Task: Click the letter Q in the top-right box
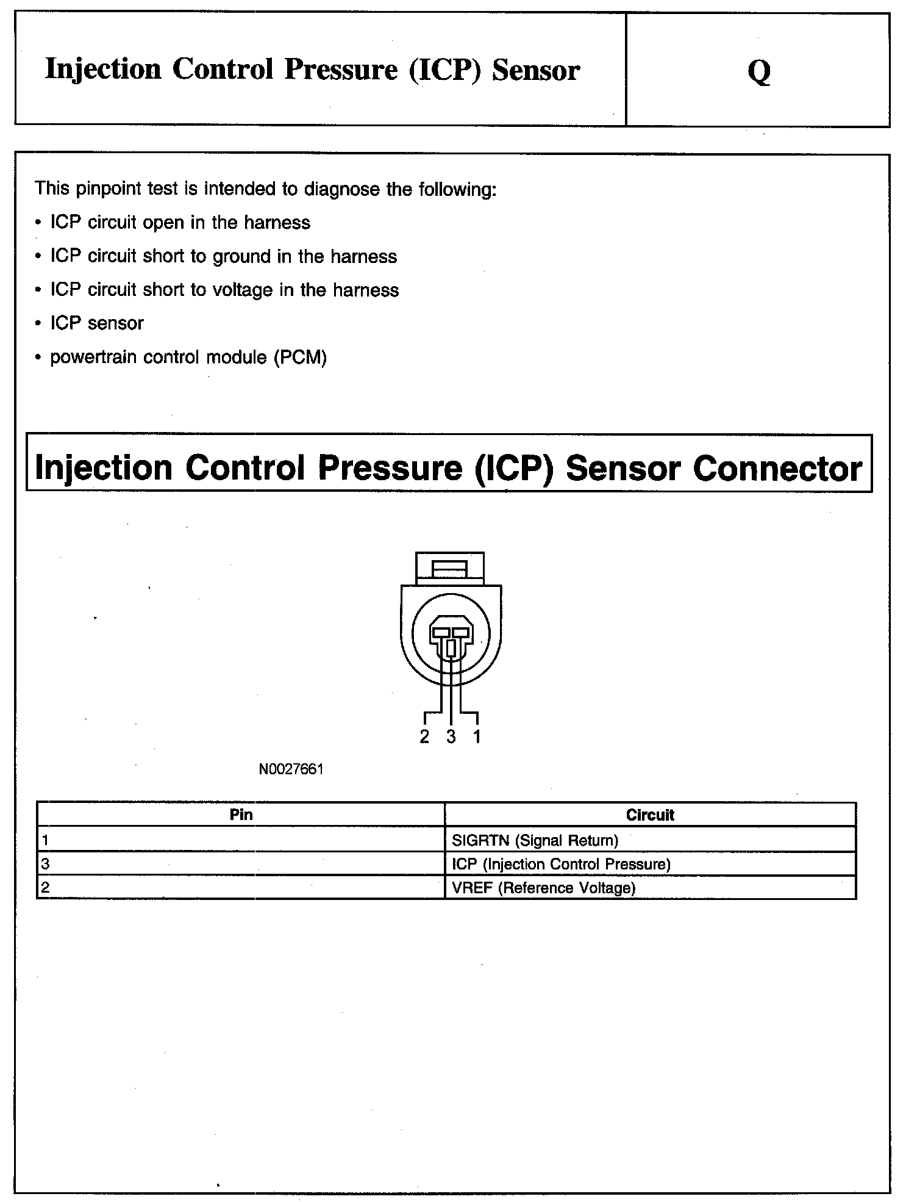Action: coord(758,71)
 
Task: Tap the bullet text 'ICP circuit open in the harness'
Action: coord(180,223)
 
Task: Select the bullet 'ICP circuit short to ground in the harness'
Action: coord(223,256)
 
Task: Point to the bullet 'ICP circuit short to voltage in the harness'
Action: coord(224,290)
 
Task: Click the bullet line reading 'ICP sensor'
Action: coord(96,323)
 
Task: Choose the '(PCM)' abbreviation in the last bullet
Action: coord(300,357)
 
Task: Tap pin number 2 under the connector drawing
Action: coord(424,737)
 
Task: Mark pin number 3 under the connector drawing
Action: coord(451,737)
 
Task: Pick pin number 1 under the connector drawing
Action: coord(477,737)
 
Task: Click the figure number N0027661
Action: coord(291,769)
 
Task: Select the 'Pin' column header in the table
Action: coord(241,815)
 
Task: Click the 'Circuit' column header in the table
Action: coord(650,815)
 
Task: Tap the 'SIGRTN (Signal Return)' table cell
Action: coord(535,840)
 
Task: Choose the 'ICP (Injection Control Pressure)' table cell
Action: coord(561,864)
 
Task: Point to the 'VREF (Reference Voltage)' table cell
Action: coord(543,888)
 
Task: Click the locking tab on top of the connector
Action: coord(450,569)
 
